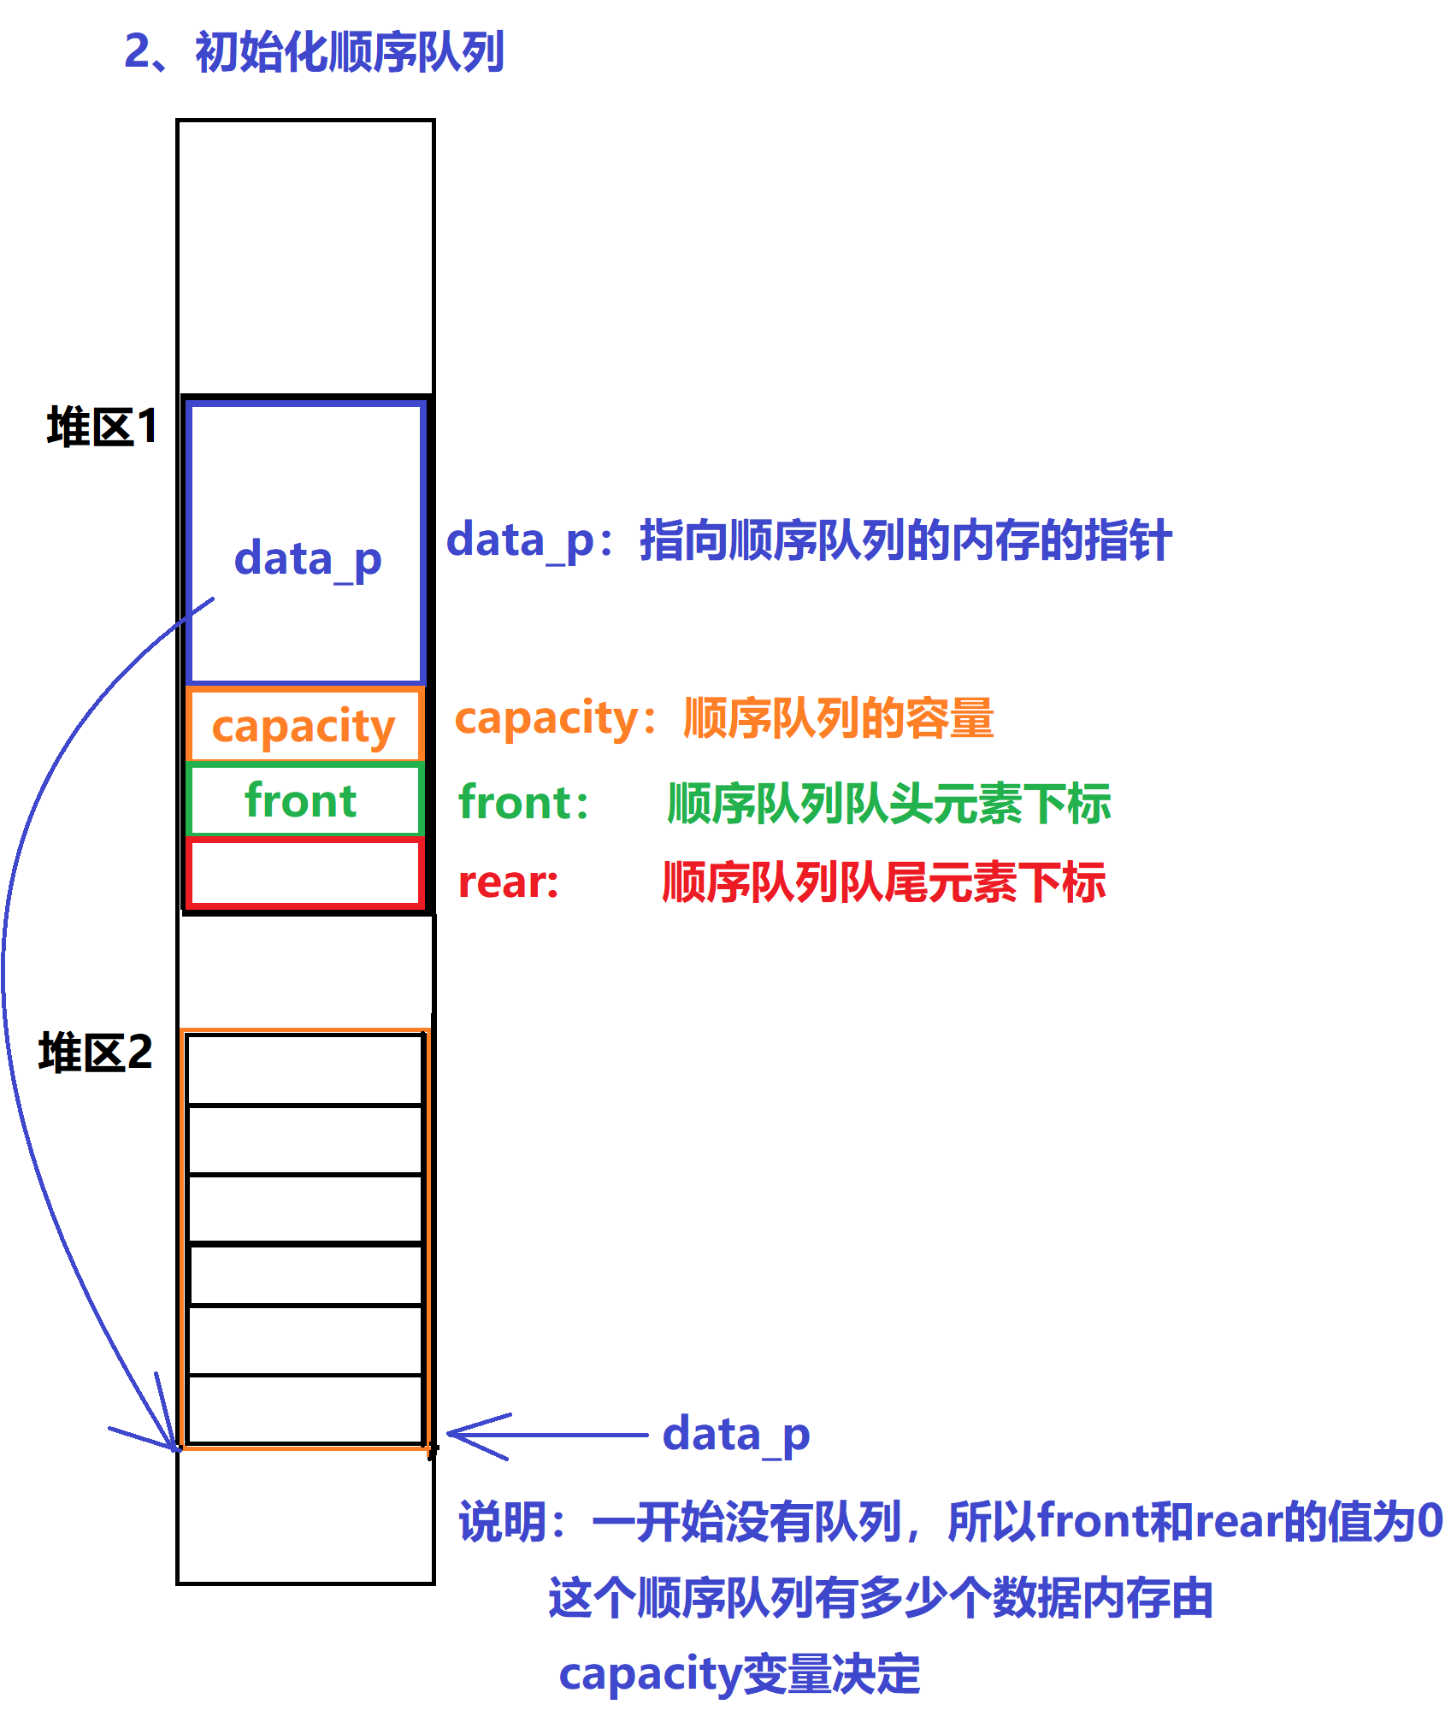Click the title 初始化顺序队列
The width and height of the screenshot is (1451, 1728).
point(350,51)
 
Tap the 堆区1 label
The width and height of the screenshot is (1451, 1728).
point(103,426)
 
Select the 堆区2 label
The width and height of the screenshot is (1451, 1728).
point(96,1052)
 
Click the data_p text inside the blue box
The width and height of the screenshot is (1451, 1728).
point(308,560)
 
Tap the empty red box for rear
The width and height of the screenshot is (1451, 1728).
point(305,872)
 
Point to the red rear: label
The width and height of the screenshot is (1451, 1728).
point(509,883)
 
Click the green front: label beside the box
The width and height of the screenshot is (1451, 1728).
point(523,802)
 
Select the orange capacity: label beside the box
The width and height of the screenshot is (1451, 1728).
point(555,719)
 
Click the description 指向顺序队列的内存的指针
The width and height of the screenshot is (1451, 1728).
point(905,540)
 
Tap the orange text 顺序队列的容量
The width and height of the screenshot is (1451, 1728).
point(839,717)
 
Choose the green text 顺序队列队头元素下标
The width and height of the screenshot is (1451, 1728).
point(889,803)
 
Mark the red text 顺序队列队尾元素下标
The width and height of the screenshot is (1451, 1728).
point(884,882)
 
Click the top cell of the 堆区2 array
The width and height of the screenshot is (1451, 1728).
point(305,1069)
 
